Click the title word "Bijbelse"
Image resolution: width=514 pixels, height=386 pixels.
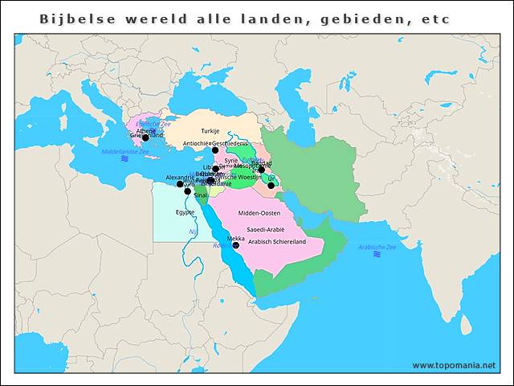coord(74,18)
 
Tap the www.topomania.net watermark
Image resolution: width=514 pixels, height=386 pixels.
coord(454,365)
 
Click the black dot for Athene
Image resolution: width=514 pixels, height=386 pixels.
coord(145,138)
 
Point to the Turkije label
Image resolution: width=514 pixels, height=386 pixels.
coord(210,130)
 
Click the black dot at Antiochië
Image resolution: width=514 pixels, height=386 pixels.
coord(214,150)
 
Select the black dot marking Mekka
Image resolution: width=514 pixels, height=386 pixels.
coord(235,245)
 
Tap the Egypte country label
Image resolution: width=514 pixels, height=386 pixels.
coord(185,212)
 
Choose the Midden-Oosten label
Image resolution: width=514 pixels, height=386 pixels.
coord(259,212)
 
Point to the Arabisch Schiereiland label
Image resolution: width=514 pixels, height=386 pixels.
coord(278,240)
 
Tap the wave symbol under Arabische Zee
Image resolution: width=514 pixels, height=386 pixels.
coord(377,255)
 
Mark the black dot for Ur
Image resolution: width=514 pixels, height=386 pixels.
coord(271,186)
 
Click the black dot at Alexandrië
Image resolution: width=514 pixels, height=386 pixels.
coord(180,184)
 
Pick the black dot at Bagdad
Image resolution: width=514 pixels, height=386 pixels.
coord(261,170)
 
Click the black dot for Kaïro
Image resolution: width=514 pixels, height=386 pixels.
coord(188,191)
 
